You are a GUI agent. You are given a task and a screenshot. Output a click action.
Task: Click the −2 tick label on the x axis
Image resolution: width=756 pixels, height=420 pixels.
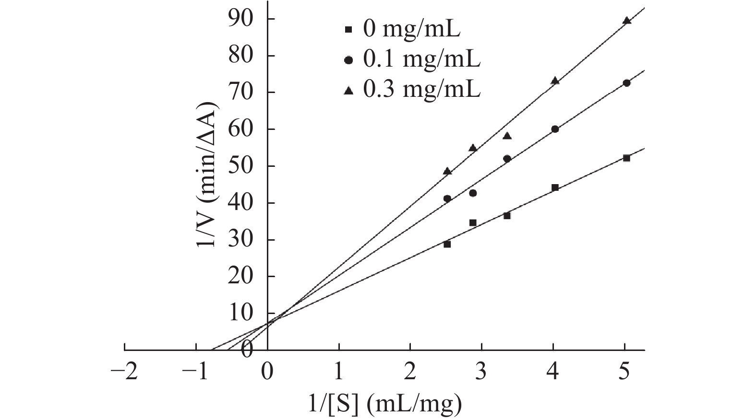click(x=124, y=372)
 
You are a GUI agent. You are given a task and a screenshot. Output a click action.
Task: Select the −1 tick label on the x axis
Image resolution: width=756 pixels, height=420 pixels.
click(x=196, y=372)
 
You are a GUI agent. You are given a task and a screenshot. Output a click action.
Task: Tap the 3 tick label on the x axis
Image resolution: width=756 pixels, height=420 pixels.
click(x=481, y=372)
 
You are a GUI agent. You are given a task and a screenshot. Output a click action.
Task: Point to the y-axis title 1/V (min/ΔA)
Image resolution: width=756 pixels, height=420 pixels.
click(x=205, y=175)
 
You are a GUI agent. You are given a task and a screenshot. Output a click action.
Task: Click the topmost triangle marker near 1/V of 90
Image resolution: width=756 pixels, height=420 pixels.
click(x=626, y=21)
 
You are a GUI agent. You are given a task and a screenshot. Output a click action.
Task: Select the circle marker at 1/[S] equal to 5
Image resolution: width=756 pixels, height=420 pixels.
click(x=626, y=83)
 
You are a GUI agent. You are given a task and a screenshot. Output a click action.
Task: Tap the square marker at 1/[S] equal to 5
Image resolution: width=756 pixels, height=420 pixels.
click(x=626, y=158)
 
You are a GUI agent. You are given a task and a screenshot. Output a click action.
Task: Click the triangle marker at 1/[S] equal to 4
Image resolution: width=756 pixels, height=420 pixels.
click(x=555, y=81)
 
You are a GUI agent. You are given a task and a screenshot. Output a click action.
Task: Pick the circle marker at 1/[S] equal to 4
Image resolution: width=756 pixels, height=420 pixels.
click(x=555, y=129)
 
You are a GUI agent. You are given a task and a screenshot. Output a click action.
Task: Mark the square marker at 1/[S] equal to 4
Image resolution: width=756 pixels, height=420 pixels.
click(x=555, y=187)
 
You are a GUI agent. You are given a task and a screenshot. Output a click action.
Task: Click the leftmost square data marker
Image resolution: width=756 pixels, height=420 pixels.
click(x=447, y=244)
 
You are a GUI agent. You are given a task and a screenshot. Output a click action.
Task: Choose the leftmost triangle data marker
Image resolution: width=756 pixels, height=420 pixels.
click(x=447, y=171)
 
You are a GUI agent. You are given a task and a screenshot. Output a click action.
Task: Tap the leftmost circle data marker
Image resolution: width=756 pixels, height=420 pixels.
click(x=447, y=198)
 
